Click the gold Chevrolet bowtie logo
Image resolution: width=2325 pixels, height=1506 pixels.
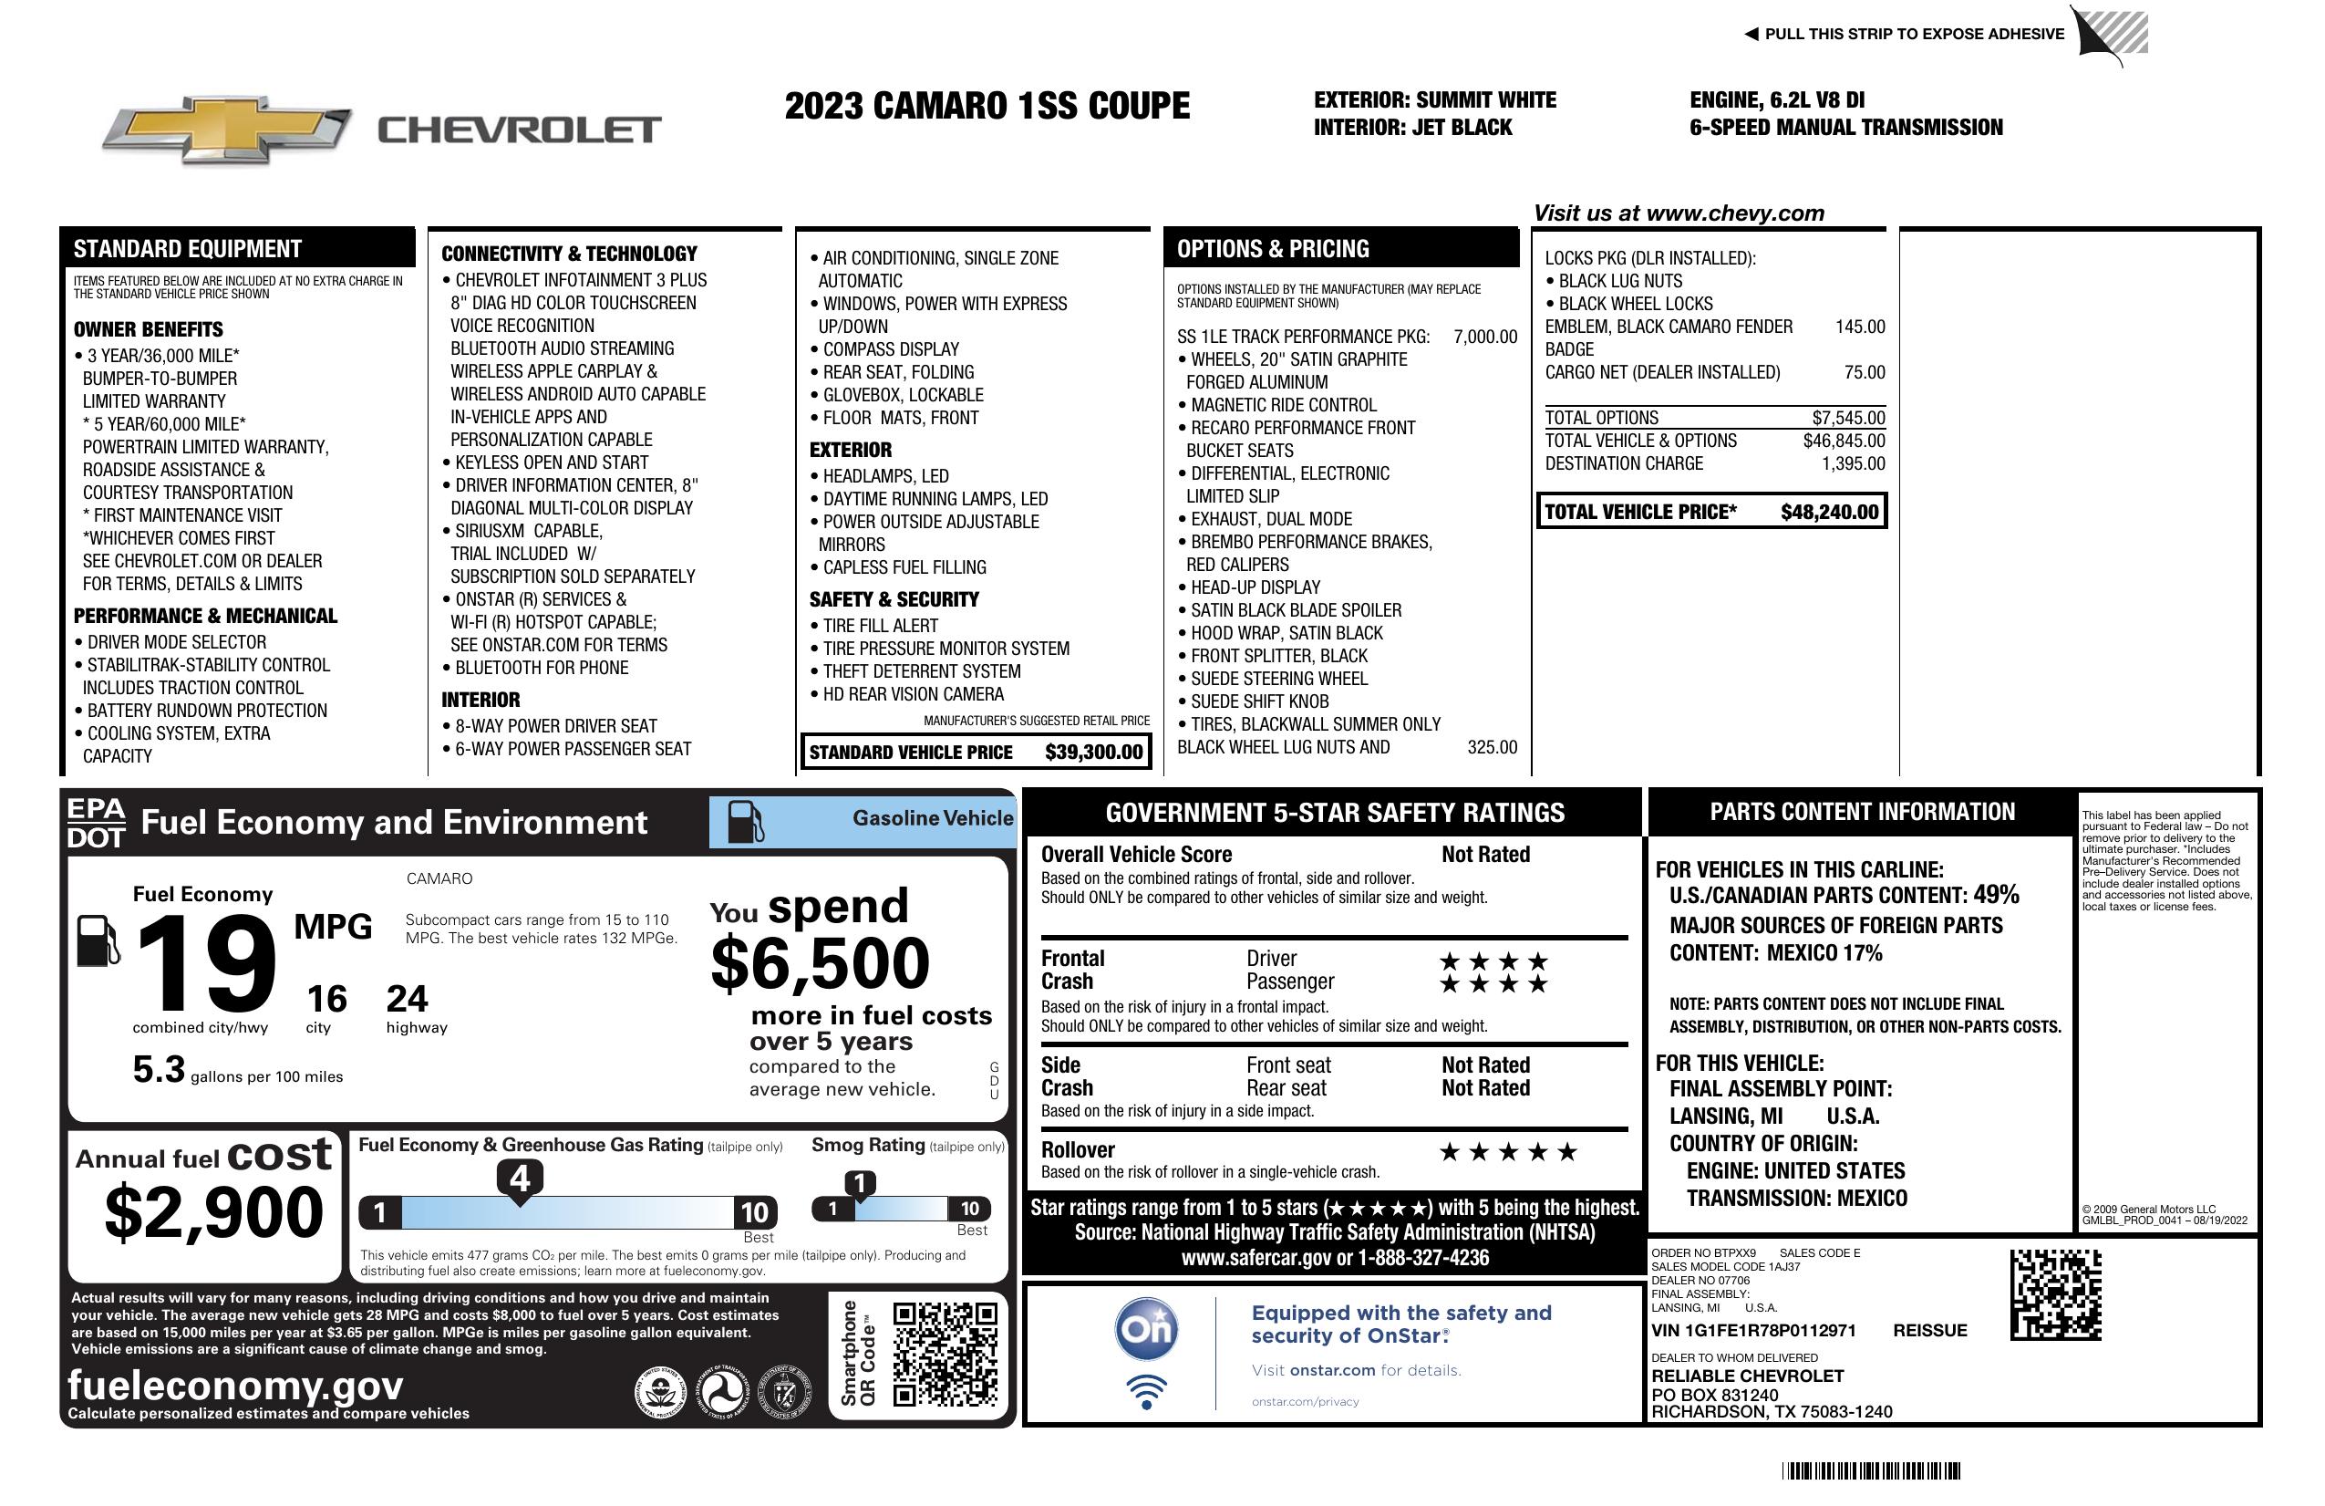coord(227,130)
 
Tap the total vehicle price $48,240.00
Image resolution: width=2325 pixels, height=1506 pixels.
coord(1829,512)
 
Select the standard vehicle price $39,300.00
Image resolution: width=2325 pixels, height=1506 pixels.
coord(1093,752)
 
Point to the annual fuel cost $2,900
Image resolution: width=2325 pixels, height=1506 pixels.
coord(214,1212)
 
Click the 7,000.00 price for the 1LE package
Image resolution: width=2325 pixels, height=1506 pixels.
coord(1485,338)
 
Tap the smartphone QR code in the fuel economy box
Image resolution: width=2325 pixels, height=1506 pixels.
coord(945,1354)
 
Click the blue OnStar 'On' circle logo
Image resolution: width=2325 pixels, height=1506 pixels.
coord(1147,1329)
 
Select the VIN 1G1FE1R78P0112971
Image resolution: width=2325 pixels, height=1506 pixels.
coord(1753,1330)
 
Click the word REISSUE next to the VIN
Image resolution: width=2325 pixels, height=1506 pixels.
coord(1929,1330)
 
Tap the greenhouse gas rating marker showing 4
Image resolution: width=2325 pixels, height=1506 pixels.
coord(520,1179)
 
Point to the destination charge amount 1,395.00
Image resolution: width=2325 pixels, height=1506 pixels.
coord(1852,464)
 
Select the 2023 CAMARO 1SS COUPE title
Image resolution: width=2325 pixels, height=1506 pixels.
coord(987,106)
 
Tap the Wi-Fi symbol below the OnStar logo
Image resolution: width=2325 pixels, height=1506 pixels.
coord(1146,1391)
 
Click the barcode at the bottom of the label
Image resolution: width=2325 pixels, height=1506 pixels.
coord(1871,1470)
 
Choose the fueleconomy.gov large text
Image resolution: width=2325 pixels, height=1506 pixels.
coord(235,1386)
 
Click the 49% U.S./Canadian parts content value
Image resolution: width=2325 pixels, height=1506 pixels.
coord(1996,895)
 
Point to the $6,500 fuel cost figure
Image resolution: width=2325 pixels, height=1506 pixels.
coord(820,963)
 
